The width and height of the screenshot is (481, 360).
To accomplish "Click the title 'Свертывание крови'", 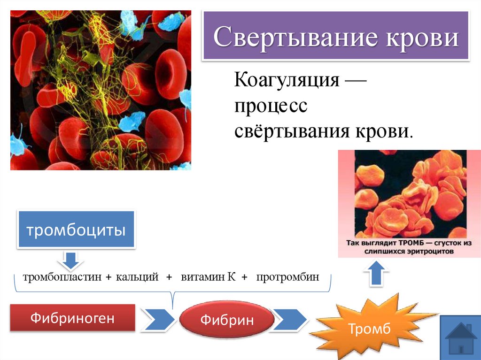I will [x=336, y=38].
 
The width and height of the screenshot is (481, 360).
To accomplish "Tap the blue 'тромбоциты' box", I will [x=76, y=230].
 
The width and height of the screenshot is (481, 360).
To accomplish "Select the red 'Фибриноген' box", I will [x=72, y=319].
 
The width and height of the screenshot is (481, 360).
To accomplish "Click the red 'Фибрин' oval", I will [x=227, y=321].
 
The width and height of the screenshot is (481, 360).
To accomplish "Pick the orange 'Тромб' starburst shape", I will [x=369, y=329].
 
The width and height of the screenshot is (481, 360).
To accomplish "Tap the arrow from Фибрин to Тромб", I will [x=291, y=320].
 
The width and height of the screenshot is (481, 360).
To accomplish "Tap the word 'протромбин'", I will [x=288, y=277].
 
